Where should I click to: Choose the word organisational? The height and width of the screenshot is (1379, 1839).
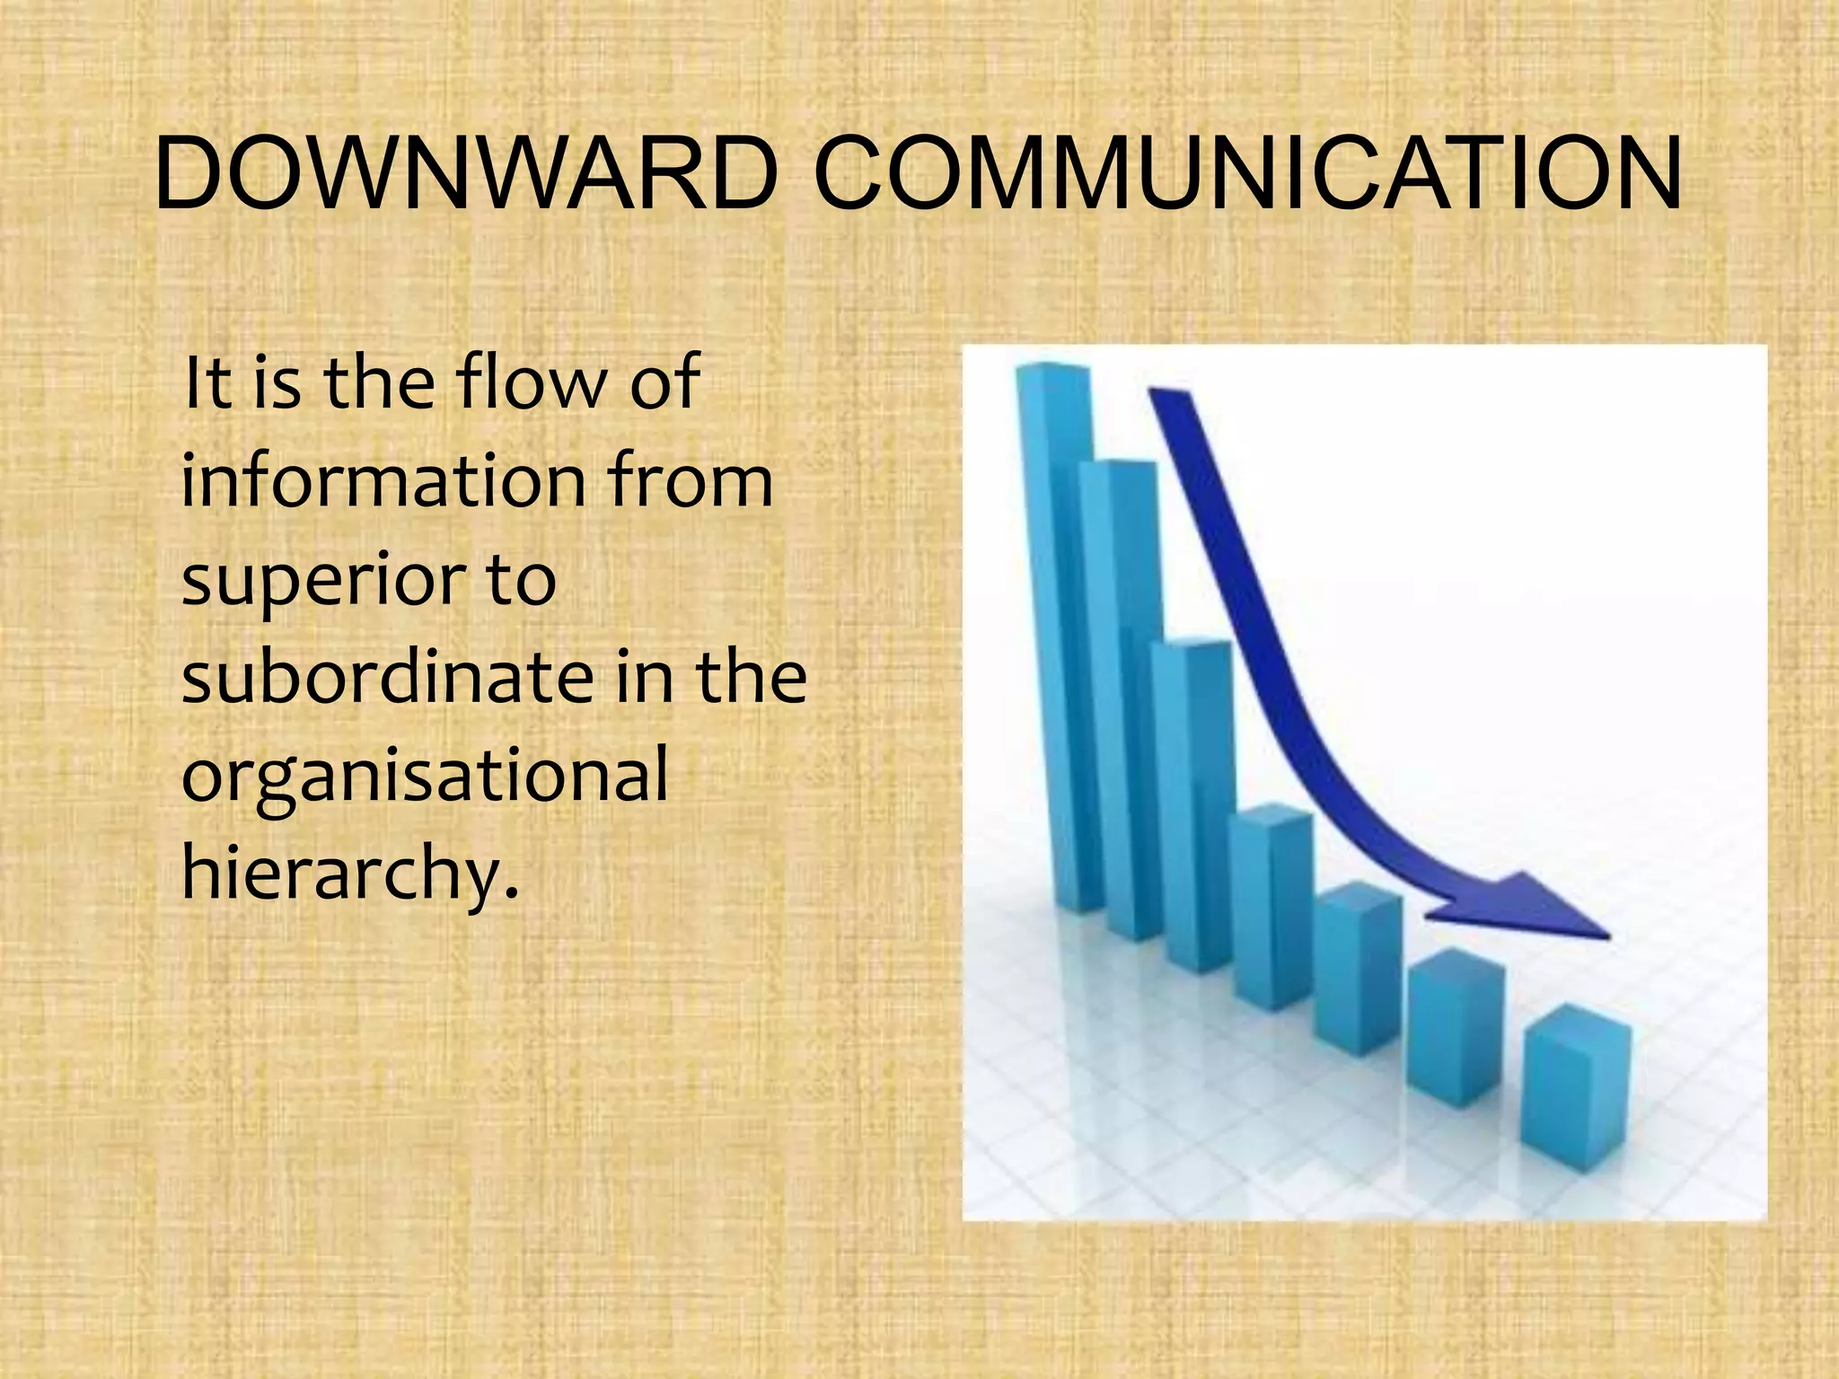425,777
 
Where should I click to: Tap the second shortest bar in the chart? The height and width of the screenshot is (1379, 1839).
1455,1032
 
